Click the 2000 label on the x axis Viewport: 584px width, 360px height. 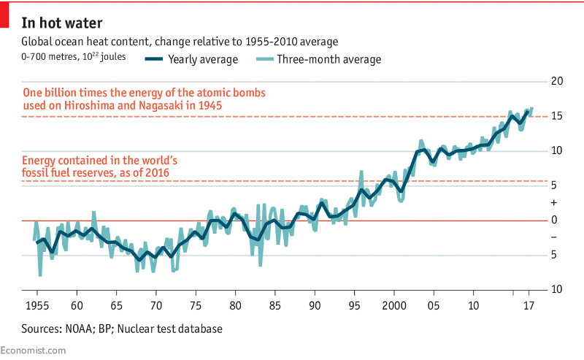[x=393, y=305]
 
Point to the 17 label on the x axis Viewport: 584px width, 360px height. [x=529, y=305]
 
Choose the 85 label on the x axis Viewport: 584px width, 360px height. [x=274, y=305]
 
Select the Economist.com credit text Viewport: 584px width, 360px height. [x=33, y=351]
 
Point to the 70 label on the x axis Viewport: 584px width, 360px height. [x=155, y=305]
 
